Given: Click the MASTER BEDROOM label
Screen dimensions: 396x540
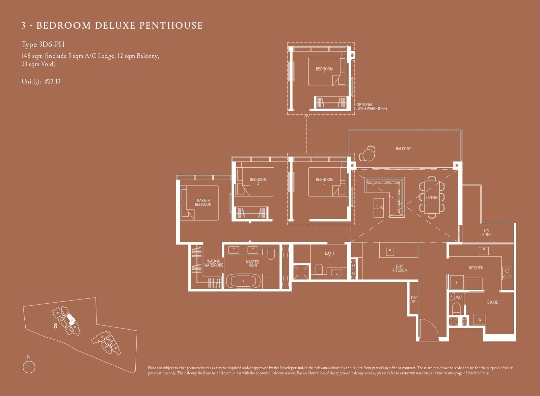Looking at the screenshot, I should click(x=203, y=202).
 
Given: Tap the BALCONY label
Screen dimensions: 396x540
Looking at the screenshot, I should click(x=403, y=149).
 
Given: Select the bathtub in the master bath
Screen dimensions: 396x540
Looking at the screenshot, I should click(x=243, y=281).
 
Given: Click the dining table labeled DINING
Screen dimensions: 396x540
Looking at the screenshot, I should click(x=432, y=197).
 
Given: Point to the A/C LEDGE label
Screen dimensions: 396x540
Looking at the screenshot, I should click(x=486, y=233).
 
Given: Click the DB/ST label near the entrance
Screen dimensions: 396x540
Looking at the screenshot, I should click(x=413, y=300).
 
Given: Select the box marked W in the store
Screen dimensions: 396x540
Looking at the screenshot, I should click(x=480, y=319).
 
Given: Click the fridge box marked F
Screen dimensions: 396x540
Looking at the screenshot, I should click(x=457, y=283).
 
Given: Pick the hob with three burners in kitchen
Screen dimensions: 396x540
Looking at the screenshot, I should click(x=507, y=274).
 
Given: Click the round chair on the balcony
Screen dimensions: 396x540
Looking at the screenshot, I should click(x=367, y=154).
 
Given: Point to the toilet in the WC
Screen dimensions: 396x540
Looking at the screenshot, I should click(x=456, y=308).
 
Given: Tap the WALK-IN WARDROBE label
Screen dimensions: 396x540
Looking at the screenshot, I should click(x=213, y=263).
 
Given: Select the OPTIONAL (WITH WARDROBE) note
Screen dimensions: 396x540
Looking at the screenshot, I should click(x=371, y=107).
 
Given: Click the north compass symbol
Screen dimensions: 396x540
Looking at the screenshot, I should click(x=29, y=367).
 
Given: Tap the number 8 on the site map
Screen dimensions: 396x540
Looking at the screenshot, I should click(x=55, y=326).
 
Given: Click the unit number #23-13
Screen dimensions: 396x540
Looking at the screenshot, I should click(x=52, y=81).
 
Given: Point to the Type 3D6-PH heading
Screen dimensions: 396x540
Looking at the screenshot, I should click(x=43, y=45).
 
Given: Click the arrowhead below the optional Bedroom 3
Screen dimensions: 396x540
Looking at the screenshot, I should click(x=306, y=116).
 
